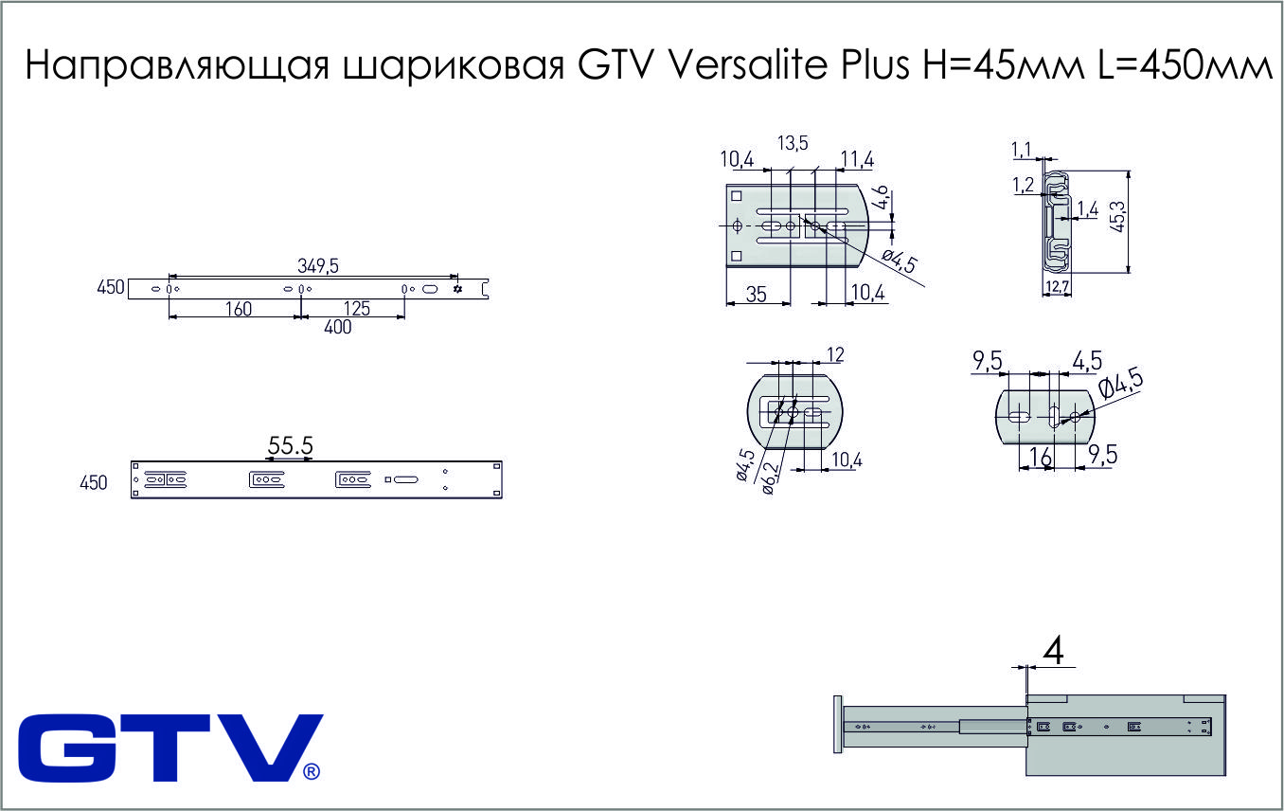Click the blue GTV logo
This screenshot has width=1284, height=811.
coord(170,748)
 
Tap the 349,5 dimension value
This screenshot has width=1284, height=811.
coord(318,266)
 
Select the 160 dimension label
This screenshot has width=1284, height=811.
coord(239,309)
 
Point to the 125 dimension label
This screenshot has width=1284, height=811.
coord(357,309)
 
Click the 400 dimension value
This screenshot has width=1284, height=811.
coord(338,327)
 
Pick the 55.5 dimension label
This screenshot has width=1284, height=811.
coord(291,445)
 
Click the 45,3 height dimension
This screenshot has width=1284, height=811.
coord(1117,216)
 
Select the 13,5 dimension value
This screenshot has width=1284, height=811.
coord(793,143)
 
